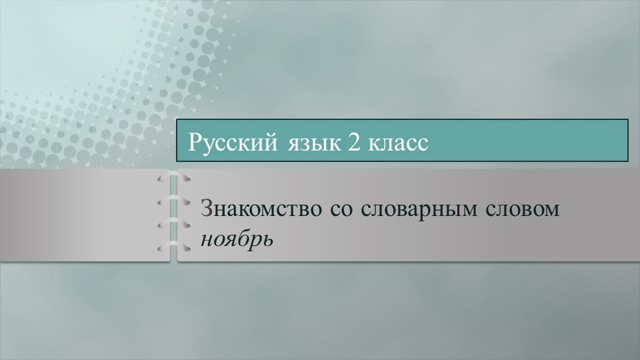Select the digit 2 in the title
pos(351,142)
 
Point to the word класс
pos(397,143)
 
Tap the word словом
pos(523,209)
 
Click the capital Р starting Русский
pos(195,141)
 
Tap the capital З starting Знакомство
pos(206,209)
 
